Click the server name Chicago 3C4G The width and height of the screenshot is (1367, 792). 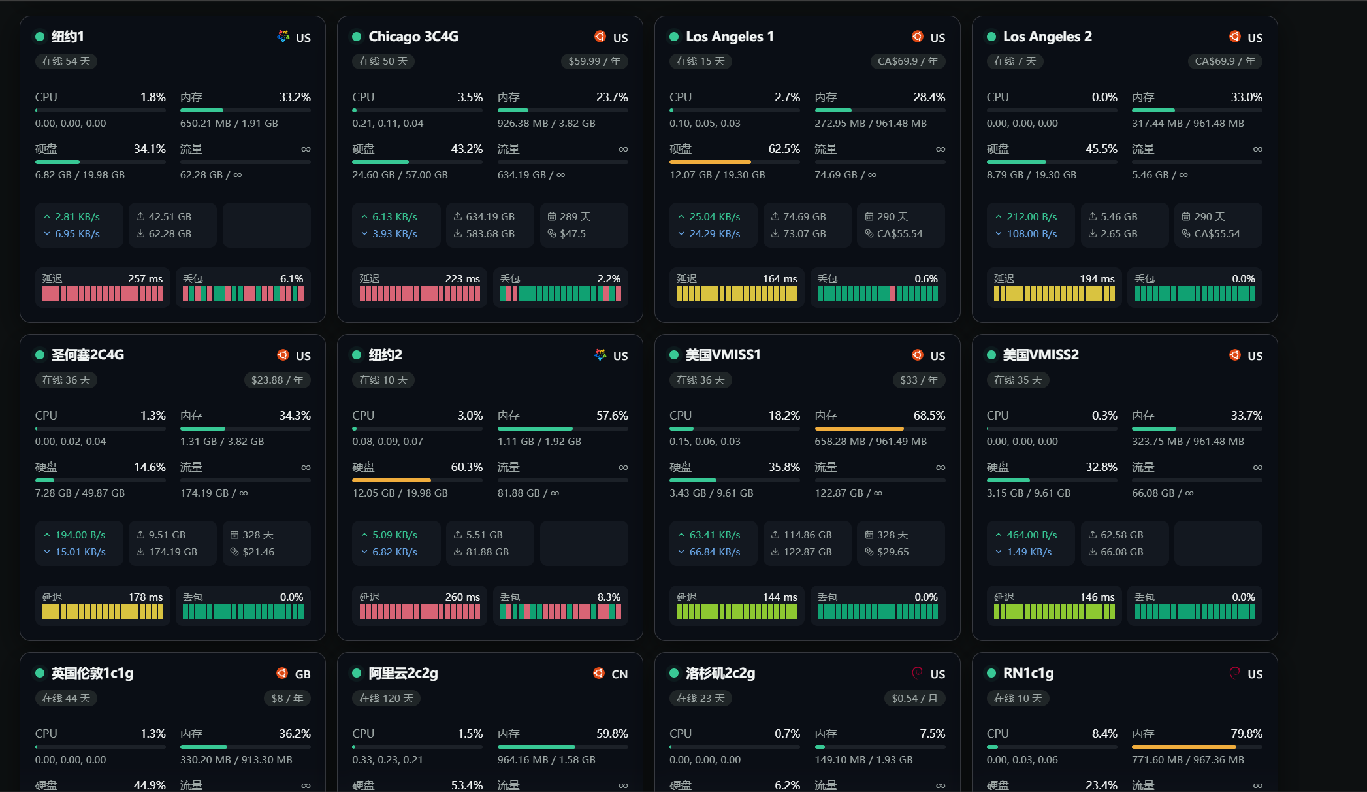pyautogui.click(x=413, y=37)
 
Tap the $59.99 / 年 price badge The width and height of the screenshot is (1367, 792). pyautogui.click(x=594, y=61)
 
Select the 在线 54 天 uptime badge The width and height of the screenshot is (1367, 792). pyautogui.click(x=66, y=61)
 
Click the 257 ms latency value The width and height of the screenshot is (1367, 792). pyautogui.click(x=146, y=279)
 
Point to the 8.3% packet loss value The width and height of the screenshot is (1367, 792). pyautogui.click(x=609, y=597)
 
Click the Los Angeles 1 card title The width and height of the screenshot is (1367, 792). pyautogui.click(x=730, y=37)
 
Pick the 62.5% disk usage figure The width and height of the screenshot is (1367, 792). pyautogui.click(x=784, y=149)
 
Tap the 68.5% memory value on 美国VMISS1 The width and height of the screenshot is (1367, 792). pyautogui.click(x=929, y=416)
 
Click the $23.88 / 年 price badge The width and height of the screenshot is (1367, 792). pyautogui.click(x=277, y=380)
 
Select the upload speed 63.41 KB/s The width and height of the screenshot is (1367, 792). pyautogui.click(x=715, y=535)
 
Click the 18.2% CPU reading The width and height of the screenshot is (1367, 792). pyautogui.click(x=784, y=416)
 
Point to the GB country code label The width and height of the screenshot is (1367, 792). pyautogui.click(x=303, y=674)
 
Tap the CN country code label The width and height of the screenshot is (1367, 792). pyautogui.click(x=620, y=674)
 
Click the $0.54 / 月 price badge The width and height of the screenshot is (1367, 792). pyautogui.click(x=914, y=699)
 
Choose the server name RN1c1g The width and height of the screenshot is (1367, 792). pyautogui.click(x=1029, y=673)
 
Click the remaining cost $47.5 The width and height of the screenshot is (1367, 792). pyautogui.click(x=573, y=234)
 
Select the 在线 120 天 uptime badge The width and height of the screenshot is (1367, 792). pyautogui.click(x=387, y=699)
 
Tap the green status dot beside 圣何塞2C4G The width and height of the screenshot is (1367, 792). pyautogui.click(x=40, y=355)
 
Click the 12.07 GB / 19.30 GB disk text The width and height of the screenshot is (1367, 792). pyautogui.click(x=717, y=175)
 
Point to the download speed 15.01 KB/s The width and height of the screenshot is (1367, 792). pyautogui.click(x=80, y=552)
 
